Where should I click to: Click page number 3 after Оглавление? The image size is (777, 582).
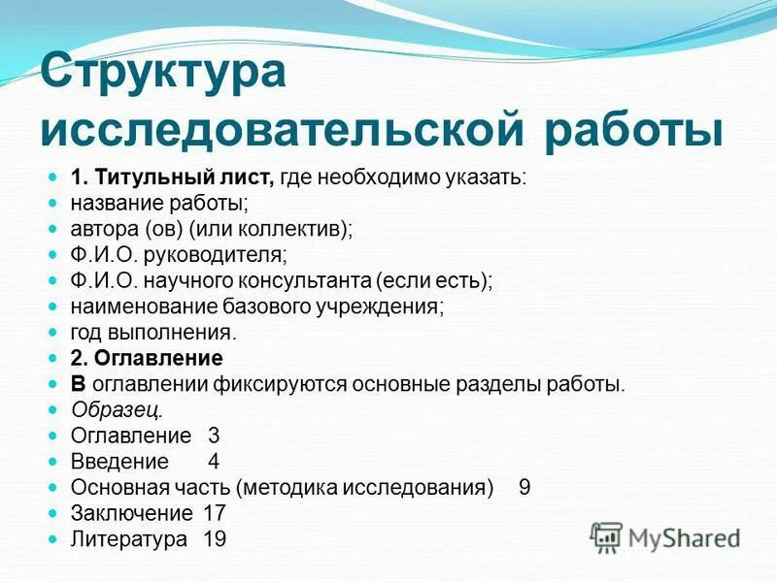(214, 436)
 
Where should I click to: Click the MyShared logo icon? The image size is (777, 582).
(606, 537)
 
